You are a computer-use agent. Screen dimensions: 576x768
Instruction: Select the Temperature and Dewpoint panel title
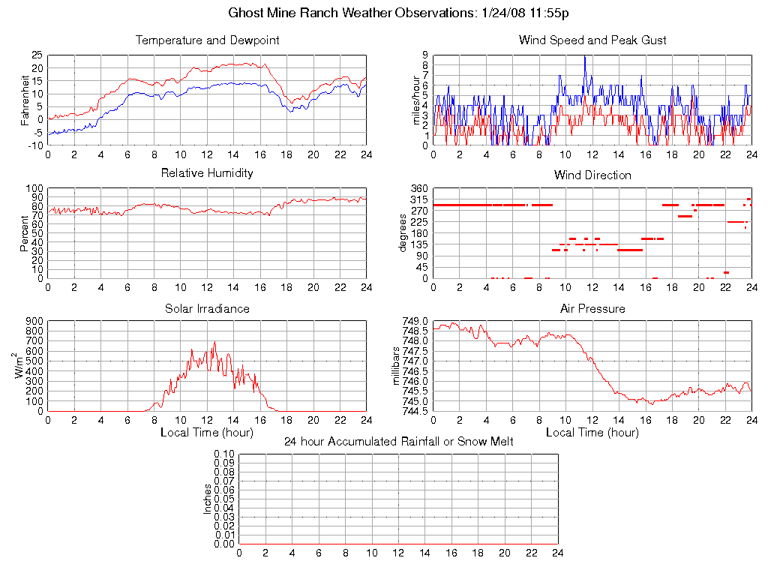tap(207, 40)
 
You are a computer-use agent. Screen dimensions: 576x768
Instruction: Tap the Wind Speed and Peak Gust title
tap(592, 40)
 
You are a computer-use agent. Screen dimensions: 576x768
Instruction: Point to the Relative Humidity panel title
tap(207, 173)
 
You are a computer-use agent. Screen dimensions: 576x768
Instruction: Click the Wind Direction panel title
tap(592, 175)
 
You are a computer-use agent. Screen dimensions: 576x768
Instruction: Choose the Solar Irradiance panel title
tap(207, 308)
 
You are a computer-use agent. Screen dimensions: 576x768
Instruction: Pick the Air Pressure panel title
tap(592, 308)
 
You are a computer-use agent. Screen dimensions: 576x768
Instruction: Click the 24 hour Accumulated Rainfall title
tap(398, 441)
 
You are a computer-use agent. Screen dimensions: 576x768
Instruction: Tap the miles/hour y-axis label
tap(418, 100)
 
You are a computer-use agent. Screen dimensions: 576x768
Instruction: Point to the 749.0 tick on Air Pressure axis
tap(416, 321)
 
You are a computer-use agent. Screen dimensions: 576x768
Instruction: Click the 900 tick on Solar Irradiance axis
tap(35, 321)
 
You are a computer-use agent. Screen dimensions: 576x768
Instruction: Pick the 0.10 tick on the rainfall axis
tap(224, 454)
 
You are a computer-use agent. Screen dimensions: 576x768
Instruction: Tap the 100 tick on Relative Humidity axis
tap(35, 188)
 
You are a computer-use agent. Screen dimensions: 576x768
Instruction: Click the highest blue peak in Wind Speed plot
tap(584, 57)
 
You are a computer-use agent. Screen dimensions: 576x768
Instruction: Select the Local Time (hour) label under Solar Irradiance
tap(207, 432)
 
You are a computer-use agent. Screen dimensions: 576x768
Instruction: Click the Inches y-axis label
tap(208, 499)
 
